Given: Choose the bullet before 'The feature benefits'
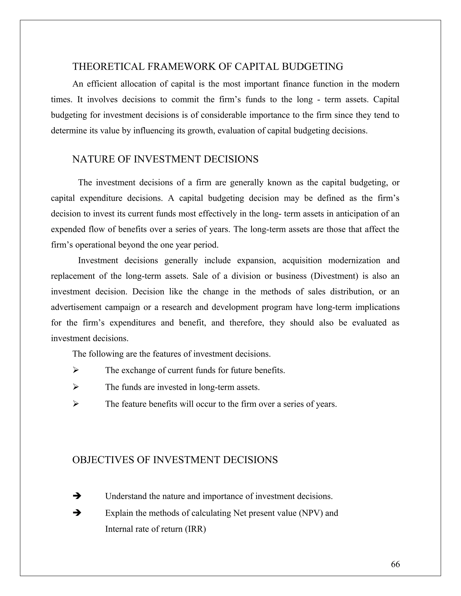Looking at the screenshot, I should (x=76, y=404).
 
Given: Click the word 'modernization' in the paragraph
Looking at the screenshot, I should (x=354, y=260).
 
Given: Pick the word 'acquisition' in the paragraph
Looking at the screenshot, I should (x=302, y=260).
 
